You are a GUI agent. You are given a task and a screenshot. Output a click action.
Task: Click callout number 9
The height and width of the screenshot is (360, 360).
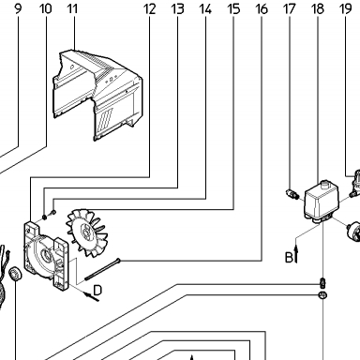click(x=18, y=8)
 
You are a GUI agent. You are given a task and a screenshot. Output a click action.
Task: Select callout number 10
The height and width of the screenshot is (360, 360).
click(x=46, y=8)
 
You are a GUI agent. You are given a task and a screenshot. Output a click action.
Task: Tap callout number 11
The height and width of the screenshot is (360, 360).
click(x=72, y=8)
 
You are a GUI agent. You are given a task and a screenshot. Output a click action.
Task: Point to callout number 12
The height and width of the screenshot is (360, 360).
click(x=150, y=8)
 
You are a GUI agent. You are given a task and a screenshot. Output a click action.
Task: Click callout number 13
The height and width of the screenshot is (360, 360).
click(x=177, y=8)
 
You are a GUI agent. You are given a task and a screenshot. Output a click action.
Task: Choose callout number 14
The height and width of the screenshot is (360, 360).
click(x=205, y=8)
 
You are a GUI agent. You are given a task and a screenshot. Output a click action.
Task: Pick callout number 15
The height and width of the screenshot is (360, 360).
click(x=233, y=8)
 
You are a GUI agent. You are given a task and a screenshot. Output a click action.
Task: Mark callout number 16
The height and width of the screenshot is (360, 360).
click(x=262, y=8)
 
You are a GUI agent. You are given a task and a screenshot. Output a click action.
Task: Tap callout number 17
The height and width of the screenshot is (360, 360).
click(x=290, y=8)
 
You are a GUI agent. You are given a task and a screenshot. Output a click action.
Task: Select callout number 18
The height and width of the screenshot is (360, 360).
click(x=318, y=8)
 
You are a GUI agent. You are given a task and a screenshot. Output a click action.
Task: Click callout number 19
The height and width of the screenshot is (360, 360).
click(x=345, y=8)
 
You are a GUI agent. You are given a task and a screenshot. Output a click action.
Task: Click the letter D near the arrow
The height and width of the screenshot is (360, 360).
click(x=97, y=291)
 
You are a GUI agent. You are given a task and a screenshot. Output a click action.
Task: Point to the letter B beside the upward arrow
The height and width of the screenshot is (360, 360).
click(x=289, y=258)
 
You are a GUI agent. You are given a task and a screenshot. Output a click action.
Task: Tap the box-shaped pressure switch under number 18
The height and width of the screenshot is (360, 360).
click(x=320, y=202)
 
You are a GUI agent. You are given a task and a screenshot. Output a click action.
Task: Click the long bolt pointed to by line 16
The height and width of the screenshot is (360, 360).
click(x=102, y=269)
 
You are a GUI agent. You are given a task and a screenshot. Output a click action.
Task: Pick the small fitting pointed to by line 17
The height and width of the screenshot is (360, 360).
click(x=292, y=193)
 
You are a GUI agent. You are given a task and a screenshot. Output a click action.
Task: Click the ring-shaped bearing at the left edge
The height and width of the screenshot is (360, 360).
click(x=15, y=274)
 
